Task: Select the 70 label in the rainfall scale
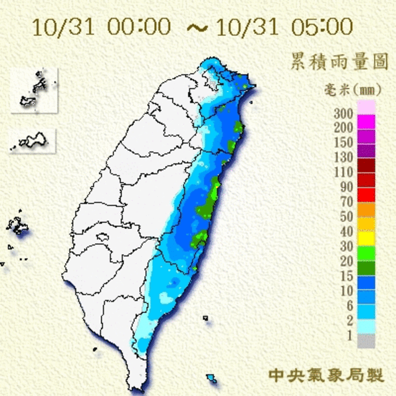pyautogui.click(x=345, y=202)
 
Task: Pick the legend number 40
pyautogui.click(x=345, y=231)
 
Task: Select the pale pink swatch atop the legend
pyautogui.click(x=366, y=106)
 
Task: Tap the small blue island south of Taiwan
pyautogui.click(x=212, y=376)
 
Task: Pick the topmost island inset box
pyautogui.click(x=34, y=91)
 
